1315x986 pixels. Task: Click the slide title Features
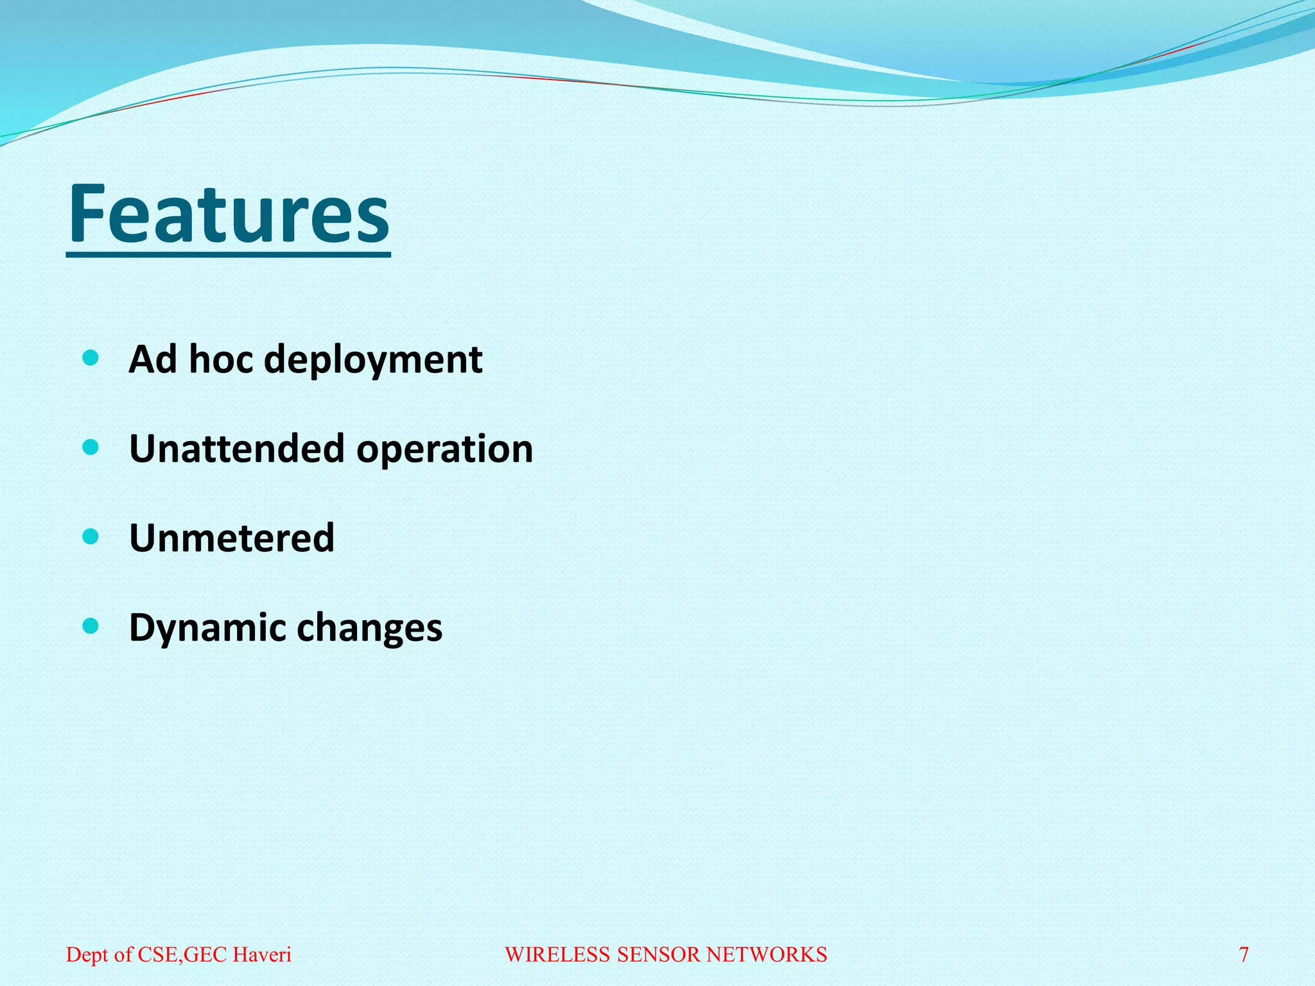click(x=229, y=215)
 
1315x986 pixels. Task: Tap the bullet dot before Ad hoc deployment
click(x=91, y=358)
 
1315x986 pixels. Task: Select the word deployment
click(x=373, y=359)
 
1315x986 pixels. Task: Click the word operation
click(x=445, y=449)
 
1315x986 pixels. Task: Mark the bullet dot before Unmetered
click(x=91, y=536)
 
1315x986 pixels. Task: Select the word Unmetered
click(x=232, y=538)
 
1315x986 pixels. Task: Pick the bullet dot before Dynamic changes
click(x=91, y=625)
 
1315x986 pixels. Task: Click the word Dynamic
click(x=207, y=628)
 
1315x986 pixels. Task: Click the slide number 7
click(x=1243, y=955)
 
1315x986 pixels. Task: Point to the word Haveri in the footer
click(x=262, y=955)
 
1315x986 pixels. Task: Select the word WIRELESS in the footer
click(x=558, y=955)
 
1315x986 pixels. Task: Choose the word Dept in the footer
click(x=87, y=955)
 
